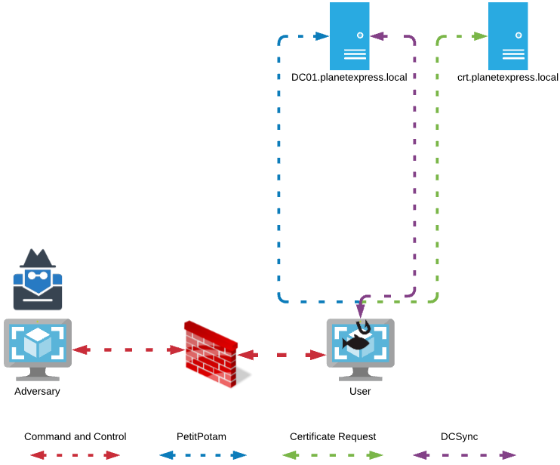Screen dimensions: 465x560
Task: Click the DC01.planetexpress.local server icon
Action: pos(349,35)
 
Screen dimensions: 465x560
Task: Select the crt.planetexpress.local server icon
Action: pos(507,35)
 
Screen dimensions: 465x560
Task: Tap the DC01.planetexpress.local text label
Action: pos(349,77)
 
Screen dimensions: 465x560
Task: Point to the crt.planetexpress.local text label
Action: pos(508,77)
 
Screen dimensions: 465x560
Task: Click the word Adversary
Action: pos(37,391)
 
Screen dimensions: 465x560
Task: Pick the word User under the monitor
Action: pos(360,391)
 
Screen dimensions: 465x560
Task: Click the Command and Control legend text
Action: pos(75,436)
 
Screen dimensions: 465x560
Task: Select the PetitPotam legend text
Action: pos(202,436)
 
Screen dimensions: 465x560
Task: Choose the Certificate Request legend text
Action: pos(333,436)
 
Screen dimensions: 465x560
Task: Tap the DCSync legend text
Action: pos(460,436)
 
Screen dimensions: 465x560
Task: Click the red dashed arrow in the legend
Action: pos(75,455)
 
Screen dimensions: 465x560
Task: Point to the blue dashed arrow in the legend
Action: pos(202,455)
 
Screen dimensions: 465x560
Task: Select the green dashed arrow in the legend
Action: pos(333,455)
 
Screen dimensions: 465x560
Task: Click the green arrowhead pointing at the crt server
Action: pos(480,35)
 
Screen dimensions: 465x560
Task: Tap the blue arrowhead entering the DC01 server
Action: pos(322,35)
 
